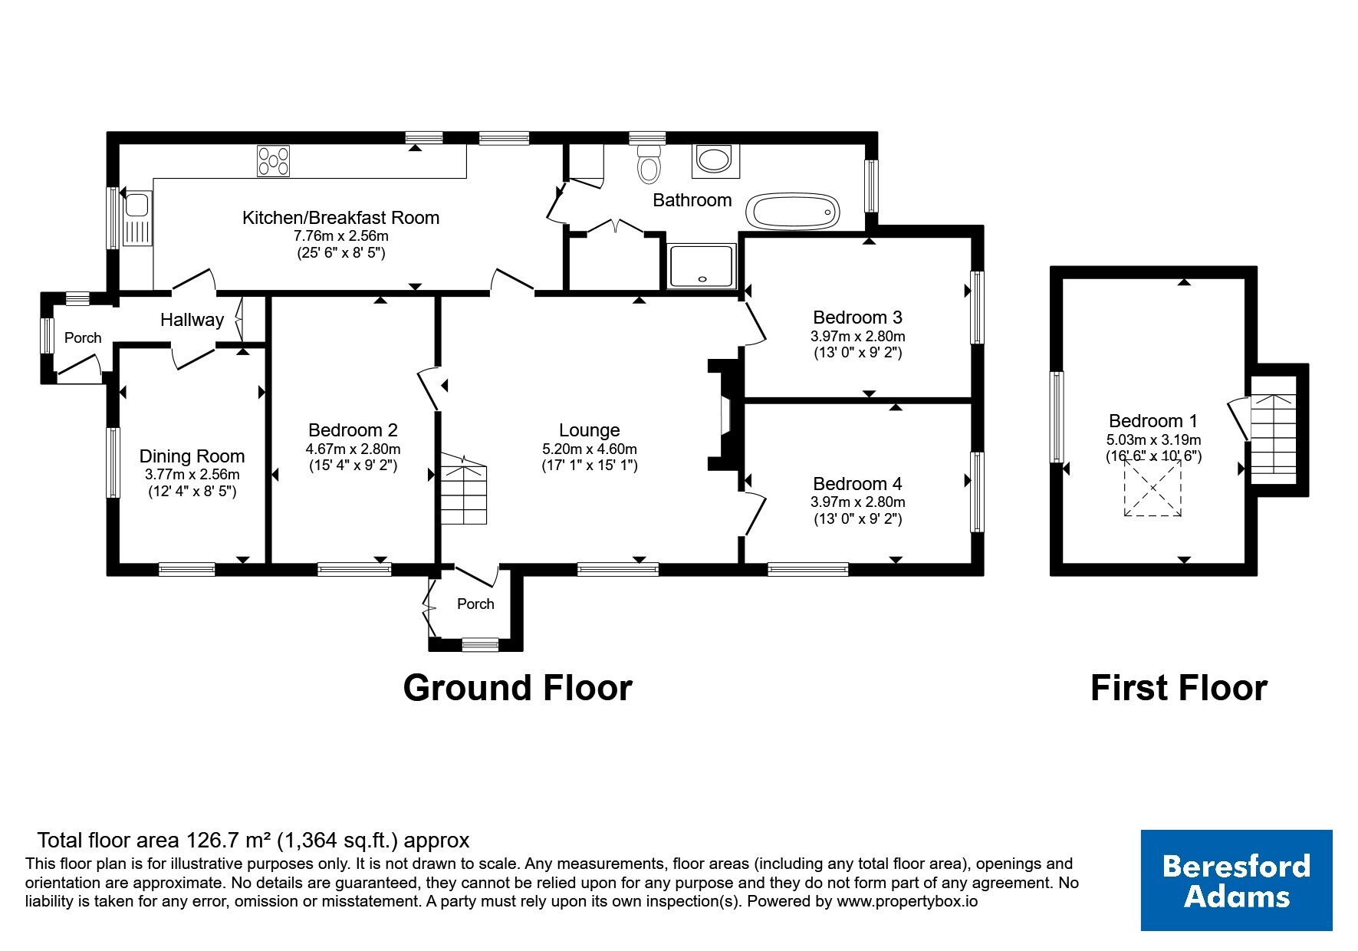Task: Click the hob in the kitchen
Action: [275, 161]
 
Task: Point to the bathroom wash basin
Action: [715, 160]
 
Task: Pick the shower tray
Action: [702, 266]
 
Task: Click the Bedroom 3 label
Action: [857, 317]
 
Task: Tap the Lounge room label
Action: [589, 430]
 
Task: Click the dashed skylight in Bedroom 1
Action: [1152, 489]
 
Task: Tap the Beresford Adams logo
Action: [1236, 880]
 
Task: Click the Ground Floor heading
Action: [518, 688]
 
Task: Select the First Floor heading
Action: [1179, 688]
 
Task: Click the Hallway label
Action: [192, 320]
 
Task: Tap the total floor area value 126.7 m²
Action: [224, 841]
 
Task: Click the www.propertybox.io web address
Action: [906, 902]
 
